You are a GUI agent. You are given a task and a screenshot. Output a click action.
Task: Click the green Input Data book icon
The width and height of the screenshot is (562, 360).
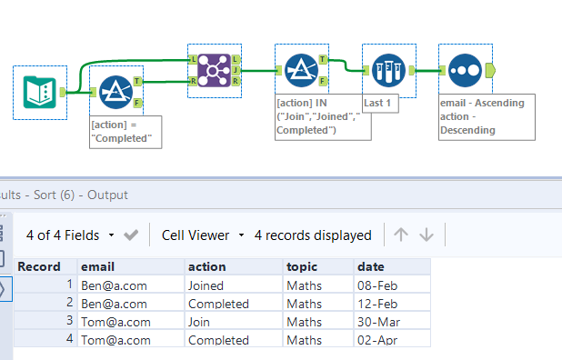(40, 92)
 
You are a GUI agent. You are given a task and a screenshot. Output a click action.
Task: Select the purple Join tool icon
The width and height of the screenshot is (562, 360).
(215, 69)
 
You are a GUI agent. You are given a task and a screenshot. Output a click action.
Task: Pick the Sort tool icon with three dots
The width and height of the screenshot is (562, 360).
(465, 69)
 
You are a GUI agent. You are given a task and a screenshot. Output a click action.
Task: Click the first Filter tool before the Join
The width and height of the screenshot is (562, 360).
(115, 92)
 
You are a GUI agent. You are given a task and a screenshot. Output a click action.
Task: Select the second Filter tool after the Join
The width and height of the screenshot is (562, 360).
(301, 69)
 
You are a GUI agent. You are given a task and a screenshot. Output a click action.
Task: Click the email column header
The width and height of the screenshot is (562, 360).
(97, 266)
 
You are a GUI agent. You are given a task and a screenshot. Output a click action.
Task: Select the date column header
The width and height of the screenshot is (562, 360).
(370, 266)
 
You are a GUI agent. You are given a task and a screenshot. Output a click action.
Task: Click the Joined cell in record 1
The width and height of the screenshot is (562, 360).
(206, 285)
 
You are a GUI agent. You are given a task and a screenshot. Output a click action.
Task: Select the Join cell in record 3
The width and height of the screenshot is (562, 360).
(201, 322)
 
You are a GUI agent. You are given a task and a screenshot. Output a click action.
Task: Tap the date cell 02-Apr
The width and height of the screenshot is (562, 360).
(376, 340)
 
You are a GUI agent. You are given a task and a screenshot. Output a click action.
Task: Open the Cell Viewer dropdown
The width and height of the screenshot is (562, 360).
(203, 235)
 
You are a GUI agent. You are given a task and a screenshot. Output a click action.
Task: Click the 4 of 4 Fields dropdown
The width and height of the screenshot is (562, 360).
(71, 235)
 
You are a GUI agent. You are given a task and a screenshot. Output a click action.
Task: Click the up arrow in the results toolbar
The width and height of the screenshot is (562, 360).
(400, 235)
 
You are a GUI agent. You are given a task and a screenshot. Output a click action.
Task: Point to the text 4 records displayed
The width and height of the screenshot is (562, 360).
(313, 235)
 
